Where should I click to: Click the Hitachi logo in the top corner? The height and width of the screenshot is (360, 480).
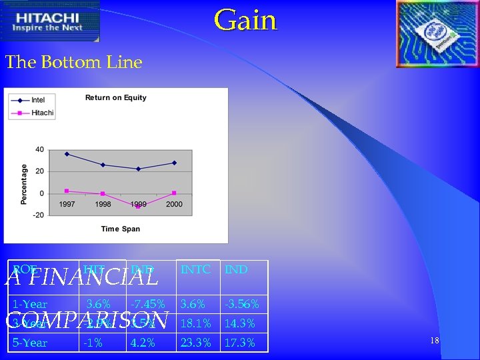click(x=51, y=23)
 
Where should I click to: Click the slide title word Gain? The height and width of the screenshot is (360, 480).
click(x=245, y=20)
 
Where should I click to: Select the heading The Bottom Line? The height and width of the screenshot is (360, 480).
click(x=74, y=63)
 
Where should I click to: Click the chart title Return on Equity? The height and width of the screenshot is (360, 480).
click(x=115, y=98)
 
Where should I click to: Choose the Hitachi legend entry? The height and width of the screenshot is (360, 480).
click(x=31, y=113)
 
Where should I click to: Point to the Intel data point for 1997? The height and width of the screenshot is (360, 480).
click(x=67, y=154)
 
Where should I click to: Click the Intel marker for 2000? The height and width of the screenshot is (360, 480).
click(x=174, y=163)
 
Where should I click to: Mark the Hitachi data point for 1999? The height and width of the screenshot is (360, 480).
click(x=138, y=207)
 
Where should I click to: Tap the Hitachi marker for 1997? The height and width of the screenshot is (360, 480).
click(x=67, y=191)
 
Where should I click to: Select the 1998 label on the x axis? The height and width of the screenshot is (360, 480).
click(x=103, y=204)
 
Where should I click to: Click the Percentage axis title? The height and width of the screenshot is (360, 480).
click(x=24, y=184)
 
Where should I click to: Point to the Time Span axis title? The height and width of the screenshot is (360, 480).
click(x=120, y=229)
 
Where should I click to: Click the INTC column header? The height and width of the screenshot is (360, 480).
click(x=195, y=270)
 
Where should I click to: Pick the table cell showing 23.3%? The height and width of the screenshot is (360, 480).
click(x=195, y=343)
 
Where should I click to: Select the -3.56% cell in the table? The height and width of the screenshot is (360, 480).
click(x=241, y=304)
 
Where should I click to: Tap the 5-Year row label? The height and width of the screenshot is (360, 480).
click(x=30, y=343)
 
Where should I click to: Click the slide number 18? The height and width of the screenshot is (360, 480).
click(x=434, y=341)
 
